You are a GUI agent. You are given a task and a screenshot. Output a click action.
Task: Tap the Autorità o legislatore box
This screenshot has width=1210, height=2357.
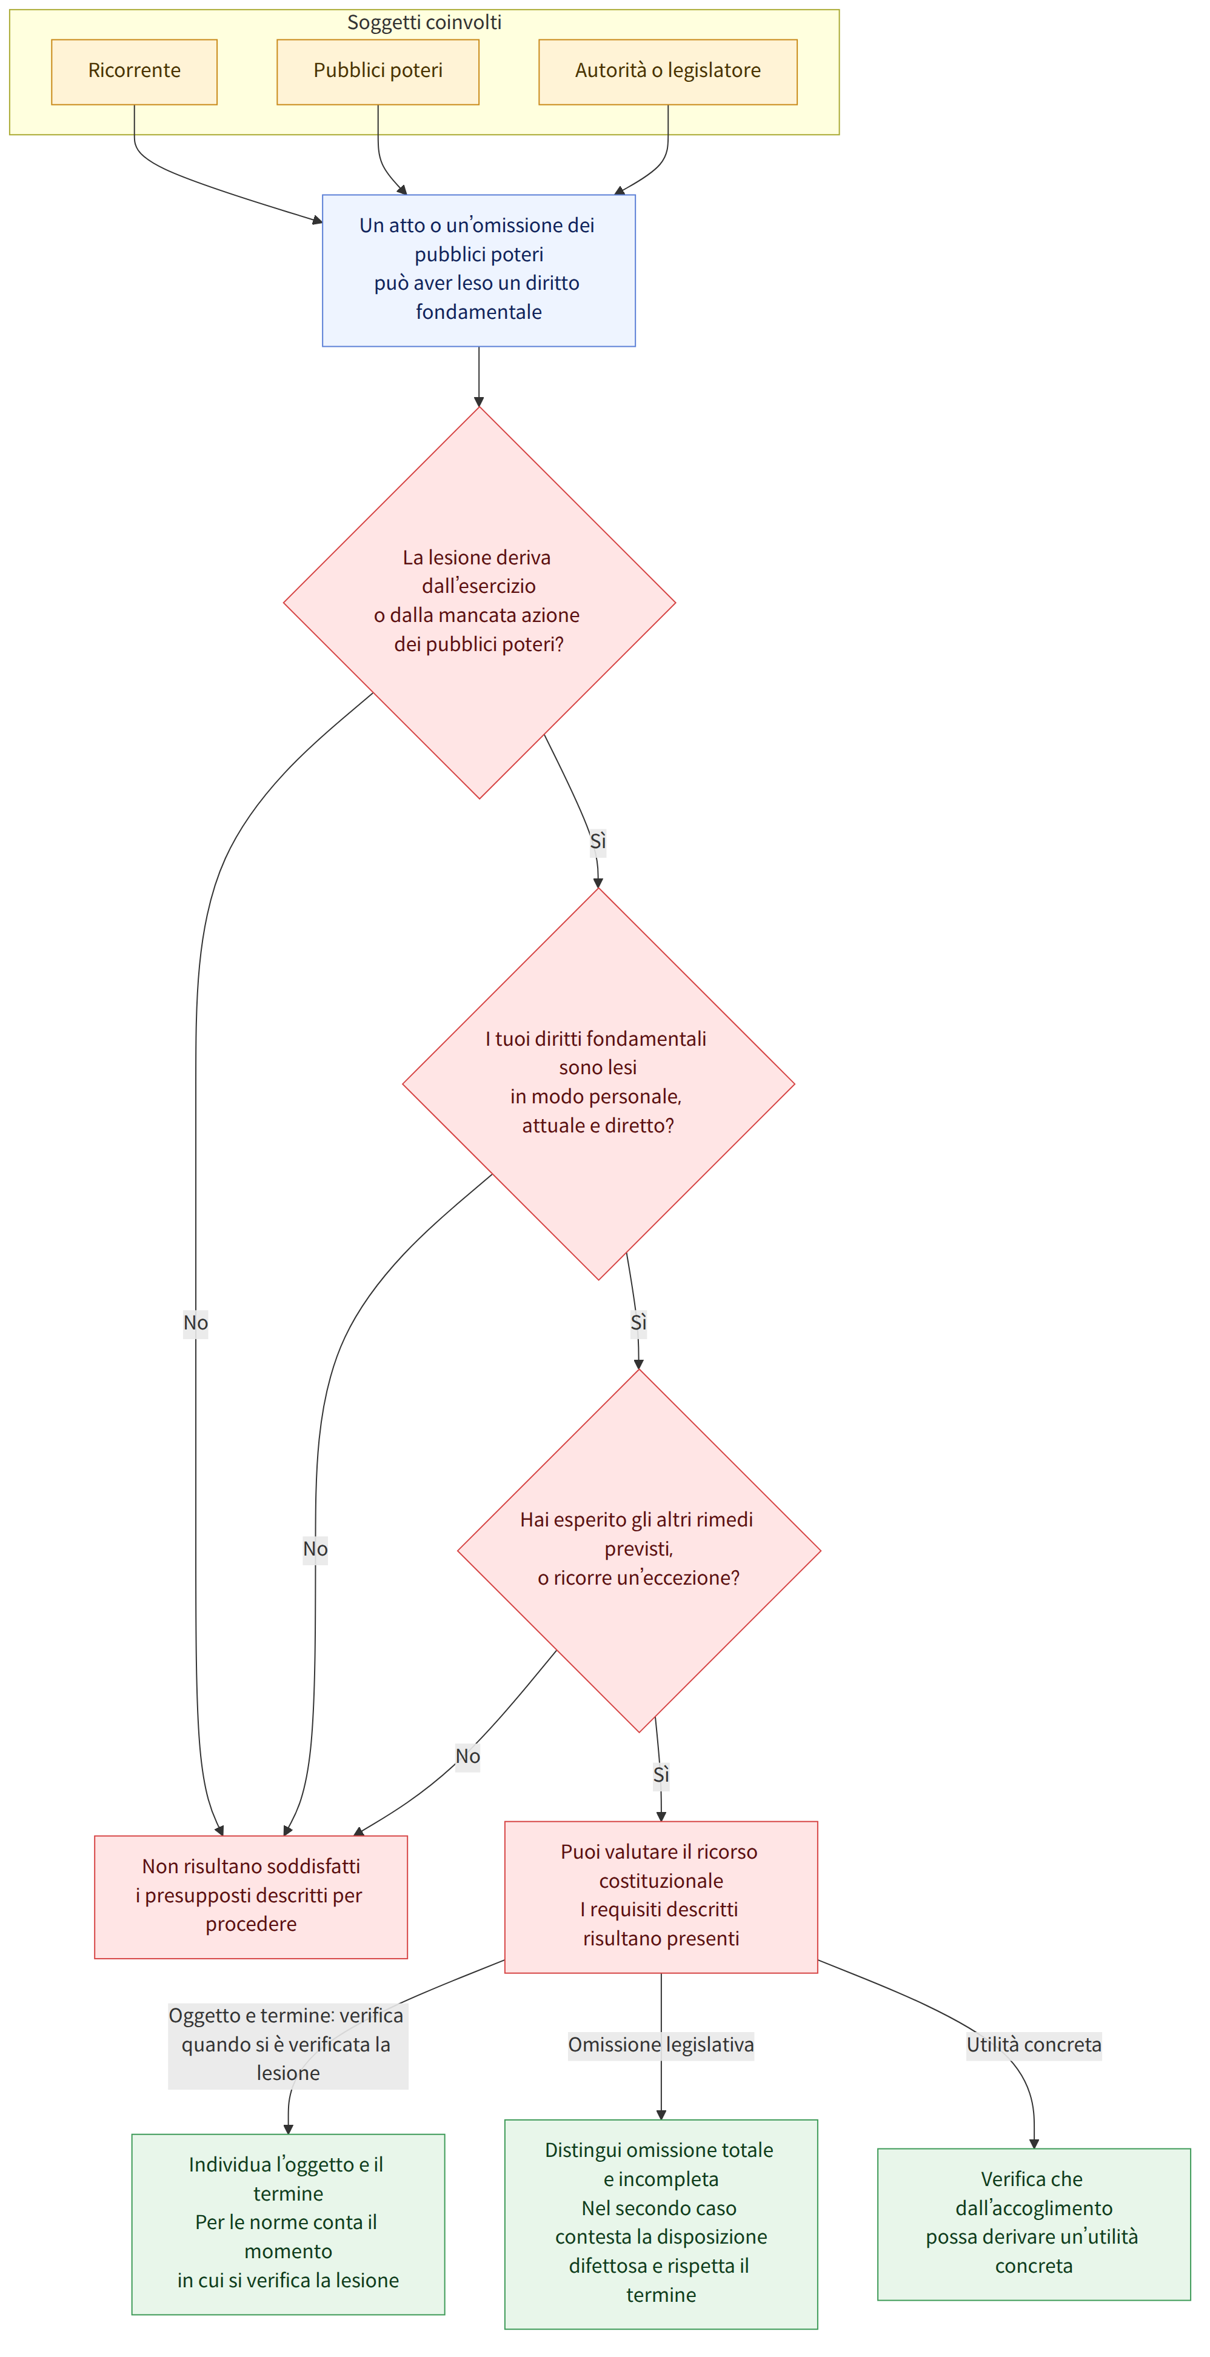click(x=667, y=72)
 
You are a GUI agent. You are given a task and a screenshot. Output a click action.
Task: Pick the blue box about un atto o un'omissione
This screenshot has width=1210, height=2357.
click(x=479, y=270)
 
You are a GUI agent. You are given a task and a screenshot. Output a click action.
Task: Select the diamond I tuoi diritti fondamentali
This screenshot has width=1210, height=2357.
click(x=598, y=1083)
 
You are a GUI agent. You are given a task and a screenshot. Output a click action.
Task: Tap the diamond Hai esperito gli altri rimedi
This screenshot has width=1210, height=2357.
click(x=639, y=1550)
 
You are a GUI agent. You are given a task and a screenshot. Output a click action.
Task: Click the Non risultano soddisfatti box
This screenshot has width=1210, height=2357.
click(x=251, y=1896)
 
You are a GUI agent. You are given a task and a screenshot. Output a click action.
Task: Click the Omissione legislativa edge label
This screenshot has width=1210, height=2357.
click(x=661, y=2044)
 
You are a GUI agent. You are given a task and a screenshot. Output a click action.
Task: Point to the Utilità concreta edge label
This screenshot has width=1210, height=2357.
click(x=1034, y=2044)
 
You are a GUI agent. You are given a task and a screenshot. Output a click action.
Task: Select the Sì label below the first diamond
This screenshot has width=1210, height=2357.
click(x=598, y=841)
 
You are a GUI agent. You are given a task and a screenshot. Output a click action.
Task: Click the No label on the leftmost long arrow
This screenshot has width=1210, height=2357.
click(x=195, y=1322)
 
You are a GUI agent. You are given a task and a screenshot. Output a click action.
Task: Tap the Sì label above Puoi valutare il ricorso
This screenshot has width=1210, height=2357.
click(x=661, y=1774)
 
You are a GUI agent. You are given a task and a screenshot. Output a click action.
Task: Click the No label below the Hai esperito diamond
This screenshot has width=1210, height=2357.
click(x=468, y=1756)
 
